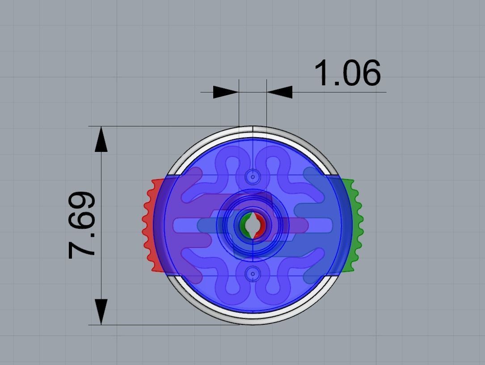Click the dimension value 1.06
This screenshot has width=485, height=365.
pos(348,73)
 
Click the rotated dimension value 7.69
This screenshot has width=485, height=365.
pos(82,226)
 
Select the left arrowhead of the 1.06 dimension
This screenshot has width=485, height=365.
pos(225,92)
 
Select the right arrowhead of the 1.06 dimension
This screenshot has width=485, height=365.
pos(280,92)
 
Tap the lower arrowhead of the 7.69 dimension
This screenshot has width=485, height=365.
pos(101,311)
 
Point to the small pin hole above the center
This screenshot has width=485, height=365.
pos(253,177)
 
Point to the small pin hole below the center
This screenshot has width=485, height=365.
pos(253,274)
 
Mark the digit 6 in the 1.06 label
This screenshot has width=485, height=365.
pos(370,73)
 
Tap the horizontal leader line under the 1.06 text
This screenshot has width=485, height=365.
pos(340,92)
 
